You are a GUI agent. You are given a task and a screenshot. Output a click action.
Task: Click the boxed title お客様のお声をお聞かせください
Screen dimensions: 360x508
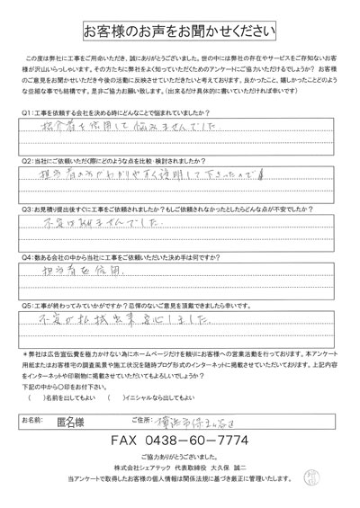pyautogui.click(x=180, y=31)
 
